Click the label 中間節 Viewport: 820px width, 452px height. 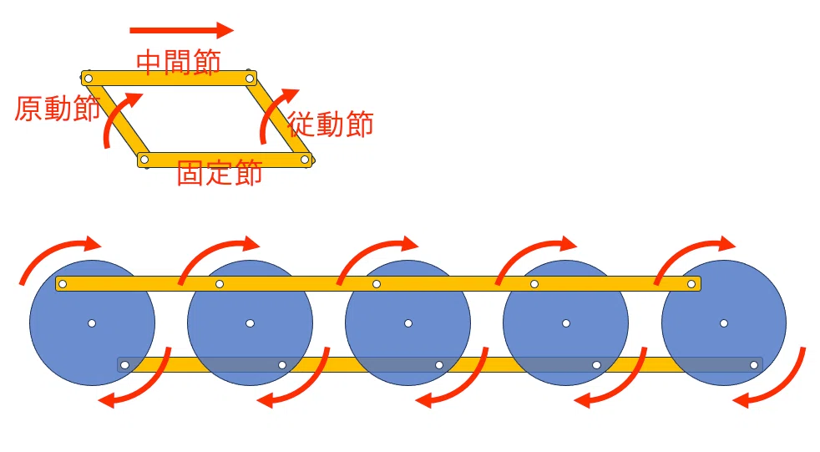click(x=179, y=62)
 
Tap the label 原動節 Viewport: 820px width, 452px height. click(x=57, y=109)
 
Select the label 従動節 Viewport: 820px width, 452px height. click(x=330, y=124)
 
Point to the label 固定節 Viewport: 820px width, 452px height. click(x=219, y=173)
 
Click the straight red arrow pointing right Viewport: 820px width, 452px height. click(x=181, y=30)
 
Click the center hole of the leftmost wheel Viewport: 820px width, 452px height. click(x=92, y=323)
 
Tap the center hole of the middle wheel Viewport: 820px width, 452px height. click(x=408, y=323)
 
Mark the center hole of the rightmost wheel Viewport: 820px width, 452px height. click(x=724, y=323)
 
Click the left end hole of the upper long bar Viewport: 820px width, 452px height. click(x=63, y=284)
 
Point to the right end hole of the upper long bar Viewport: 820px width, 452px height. click(x=691, y=284)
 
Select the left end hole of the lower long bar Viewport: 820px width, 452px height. click(x=124, y=365)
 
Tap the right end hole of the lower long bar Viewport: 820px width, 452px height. click(x=754, y=365)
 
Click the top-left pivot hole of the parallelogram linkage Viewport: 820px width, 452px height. click(x=89, y=79)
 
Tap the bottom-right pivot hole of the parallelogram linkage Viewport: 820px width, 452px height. click(x=305, y=160)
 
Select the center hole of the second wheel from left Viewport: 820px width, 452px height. click(x=250, y=323)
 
